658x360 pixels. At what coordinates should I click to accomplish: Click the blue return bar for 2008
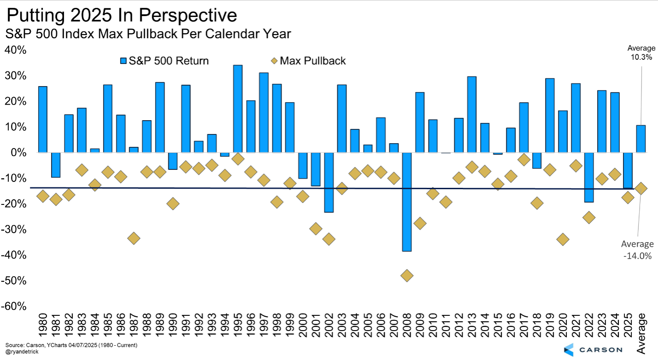coord(406,202)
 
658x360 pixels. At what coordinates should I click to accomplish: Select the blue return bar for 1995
coord(237,109)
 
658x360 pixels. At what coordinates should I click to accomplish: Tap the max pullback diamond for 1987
coord(133,238)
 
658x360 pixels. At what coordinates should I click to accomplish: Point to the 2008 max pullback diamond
coord(406,276)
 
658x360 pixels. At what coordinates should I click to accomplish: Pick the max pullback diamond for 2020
coord(562,239)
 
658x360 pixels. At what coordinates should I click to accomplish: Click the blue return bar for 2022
coord(589,177)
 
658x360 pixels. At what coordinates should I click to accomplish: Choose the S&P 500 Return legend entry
coord(164,61)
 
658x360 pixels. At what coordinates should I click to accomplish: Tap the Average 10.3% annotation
coord(641,53)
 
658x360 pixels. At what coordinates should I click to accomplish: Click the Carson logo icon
coord(568,349)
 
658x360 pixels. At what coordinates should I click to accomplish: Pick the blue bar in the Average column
coord(641,139)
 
